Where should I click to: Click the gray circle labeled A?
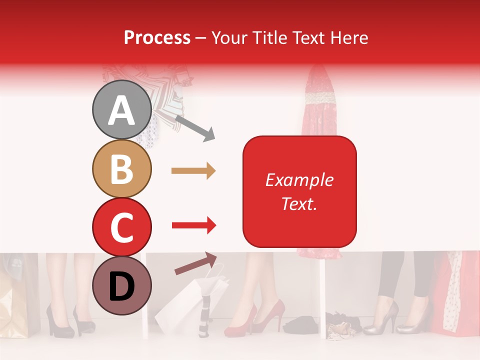point(121,110)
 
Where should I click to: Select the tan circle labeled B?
point(121,168)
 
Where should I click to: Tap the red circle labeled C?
point(121,227)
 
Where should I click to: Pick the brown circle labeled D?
point(121,285)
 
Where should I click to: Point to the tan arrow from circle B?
point(193,171)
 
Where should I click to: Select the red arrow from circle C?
point(193,226)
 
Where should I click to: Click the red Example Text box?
point(299,191)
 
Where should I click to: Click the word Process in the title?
point(157,37)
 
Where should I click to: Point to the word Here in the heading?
point(349,37)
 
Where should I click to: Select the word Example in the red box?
point(299,180)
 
